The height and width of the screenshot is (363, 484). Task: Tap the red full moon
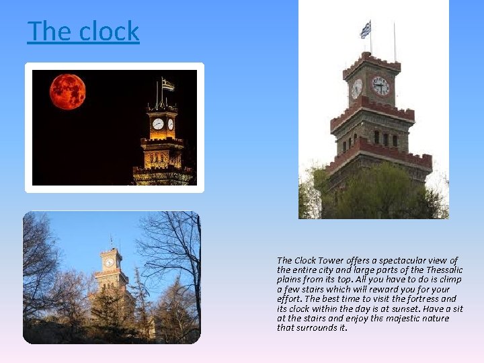click(67, 91)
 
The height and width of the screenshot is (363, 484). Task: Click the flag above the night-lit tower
click(167, 85)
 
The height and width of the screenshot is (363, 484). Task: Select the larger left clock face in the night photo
click(158, 124)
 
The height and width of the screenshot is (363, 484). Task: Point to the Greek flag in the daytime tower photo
click(365, 30)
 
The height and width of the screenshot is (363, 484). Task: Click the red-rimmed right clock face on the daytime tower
click(380, 86)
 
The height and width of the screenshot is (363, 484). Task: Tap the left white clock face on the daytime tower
click(356, 88)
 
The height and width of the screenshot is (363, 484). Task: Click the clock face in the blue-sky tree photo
click(109, 262)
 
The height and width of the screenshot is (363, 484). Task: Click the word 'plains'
click(289, 280)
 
